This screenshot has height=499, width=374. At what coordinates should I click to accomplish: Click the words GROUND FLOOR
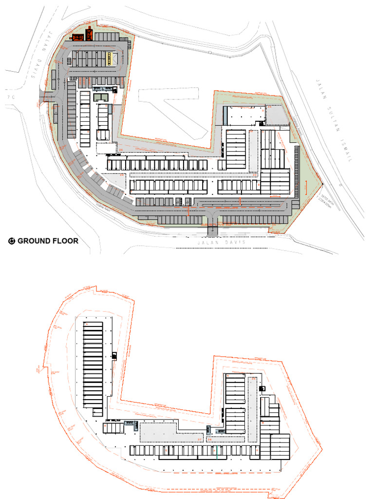point(48,241)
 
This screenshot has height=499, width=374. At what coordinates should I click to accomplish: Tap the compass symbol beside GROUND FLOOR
point(12,241)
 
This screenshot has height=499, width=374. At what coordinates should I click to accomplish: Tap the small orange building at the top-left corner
point(90,34)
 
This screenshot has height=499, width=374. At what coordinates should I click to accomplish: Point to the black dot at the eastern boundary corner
point(322,184)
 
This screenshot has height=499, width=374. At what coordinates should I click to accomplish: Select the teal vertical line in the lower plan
point(217,450)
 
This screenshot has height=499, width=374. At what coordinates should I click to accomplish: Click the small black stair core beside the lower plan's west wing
point(114,356)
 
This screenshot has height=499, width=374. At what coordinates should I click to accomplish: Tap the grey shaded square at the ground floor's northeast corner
point(275,115)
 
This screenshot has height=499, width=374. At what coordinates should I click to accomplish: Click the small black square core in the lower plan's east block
point(262,388)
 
